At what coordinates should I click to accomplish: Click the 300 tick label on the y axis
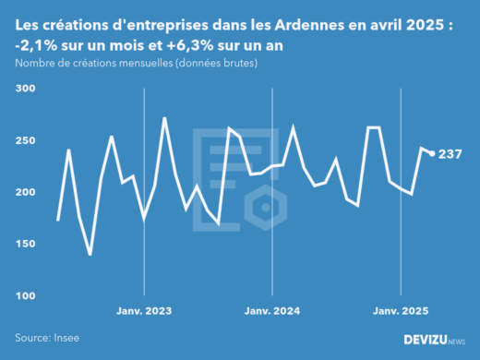24,89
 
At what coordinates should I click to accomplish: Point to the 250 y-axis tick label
24,140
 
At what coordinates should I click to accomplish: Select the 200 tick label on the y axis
24,192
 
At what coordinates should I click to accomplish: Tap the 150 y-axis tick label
24,244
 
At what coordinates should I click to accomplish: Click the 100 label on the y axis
24,295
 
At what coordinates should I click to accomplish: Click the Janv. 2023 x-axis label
145,310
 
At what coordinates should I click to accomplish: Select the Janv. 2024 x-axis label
273,310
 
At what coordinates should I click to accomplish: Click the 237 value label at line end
450,154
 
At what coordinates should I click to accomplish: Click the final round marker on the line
432,153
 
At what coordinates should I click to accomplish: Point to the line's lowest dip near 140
90,254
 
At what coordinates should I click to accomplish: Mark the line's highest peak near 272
164,118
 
